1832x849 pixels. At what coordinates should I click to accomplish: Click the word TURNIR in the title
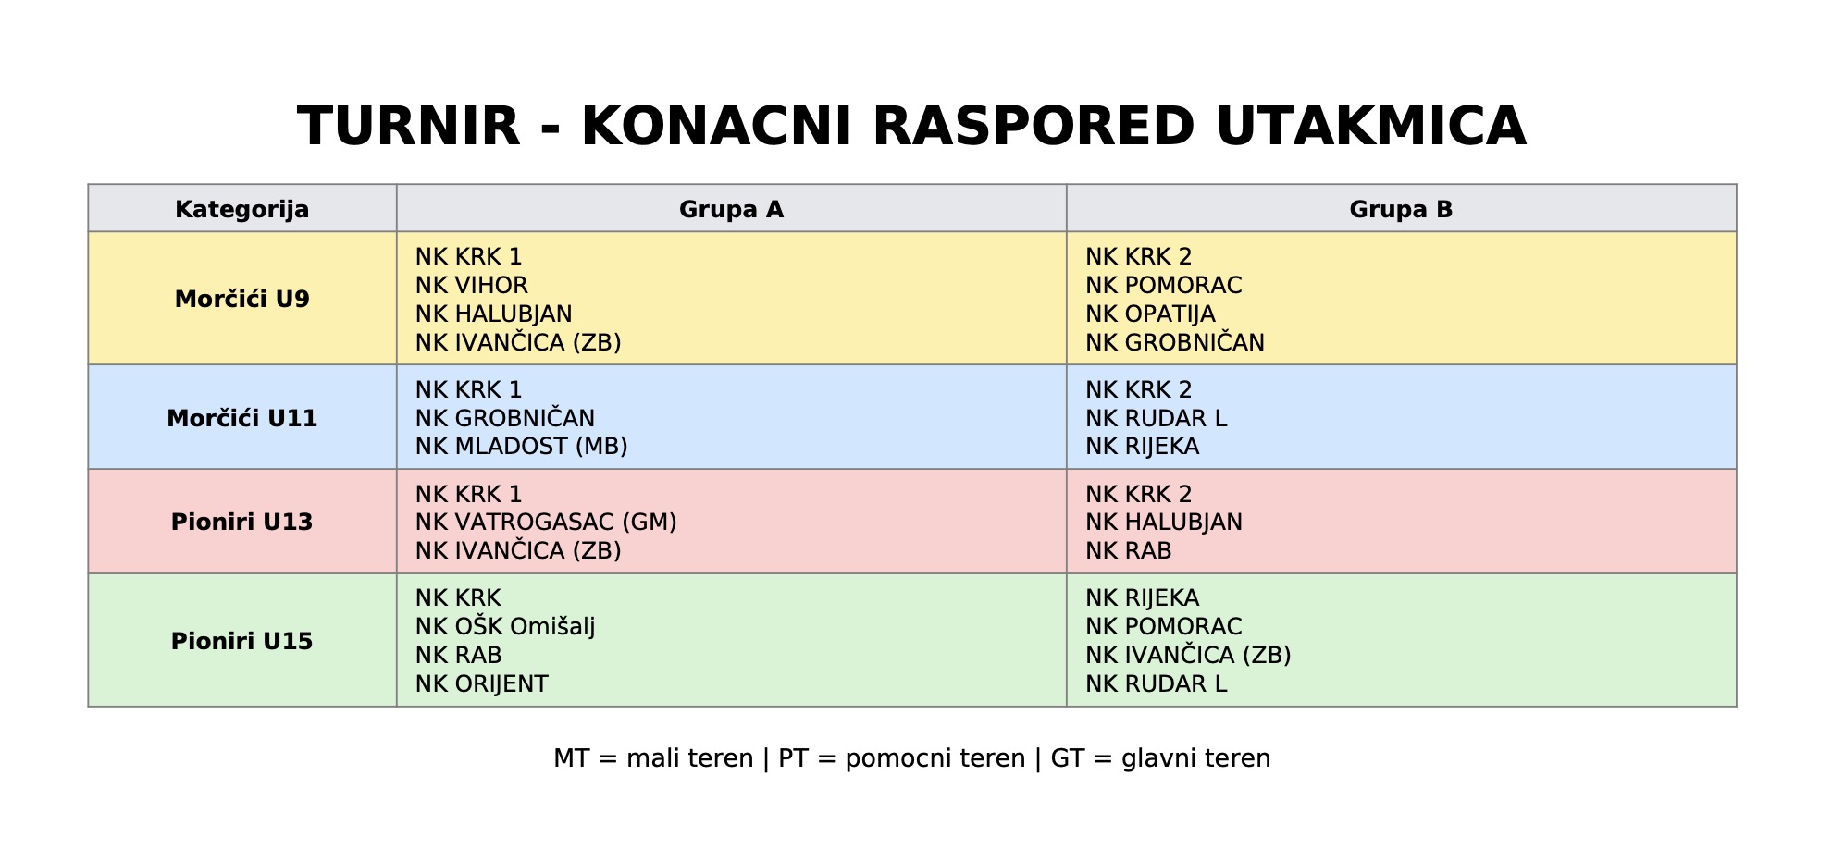pos(408,127)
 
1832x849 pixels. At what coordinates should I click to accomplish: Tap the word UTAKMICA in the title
pos(1371,127)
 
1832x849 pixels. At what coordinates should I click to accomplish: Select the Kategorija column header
pos(242,210)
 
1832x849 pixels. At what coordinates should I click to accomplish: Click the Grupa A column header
pos(731,210)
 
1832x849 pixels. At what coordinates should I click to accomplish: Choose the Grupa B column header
pos(1401,210)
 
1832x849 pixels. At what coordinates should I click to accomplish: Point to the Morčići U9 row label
pos(242,299)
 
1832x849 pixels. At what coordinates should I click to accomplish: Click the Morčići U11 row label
pos(242,418)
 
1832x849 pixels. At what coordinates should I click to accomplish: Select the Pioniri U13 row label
pos(242,522)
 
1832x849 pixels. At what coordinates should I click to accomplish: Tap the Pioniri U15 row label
pos(242,641)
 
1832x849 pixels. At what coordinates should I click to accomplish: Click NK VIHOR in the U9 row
pos(472,286)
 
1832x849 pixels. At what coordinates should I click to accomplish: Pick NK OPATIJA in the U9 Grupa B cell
pos(1150,314)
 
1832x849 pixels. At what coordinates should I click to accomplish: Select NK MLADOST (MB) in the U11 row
pos(522,447)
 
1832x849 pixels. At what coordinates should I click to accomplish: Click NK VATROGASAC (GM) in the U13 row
pos(546,523)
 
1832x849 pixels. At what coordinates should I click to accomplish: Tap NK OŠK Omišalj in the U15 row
pos(505,627)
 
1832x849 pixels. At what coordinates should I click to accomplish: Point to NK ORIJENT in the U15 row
pos(482,684)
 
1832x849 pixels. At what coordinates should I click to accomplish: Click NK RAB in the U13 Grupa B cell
pos(1129,551)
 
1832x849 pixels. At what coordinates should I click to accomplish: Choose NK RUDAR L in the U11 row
pos(1157,419)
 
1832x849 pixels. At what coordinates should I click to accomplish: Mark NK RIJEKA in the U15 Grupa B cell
pos(1143,598)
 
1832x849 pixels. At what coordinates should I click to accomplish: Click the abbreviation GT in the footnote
pos(1067,758)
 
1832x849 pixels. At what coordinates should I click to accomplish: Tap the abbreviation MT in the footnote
pos(571,758)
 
